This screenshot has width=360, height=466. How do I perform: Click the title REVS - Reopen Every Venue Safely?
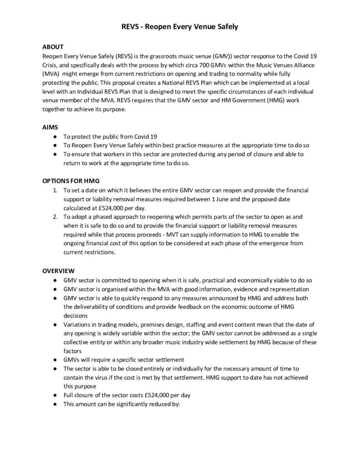[180, 27]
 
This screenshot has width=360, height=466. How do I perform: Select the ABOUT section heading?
[53, 47]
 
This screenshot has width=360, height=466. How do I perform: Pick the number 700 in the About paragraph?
[183, 65]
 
